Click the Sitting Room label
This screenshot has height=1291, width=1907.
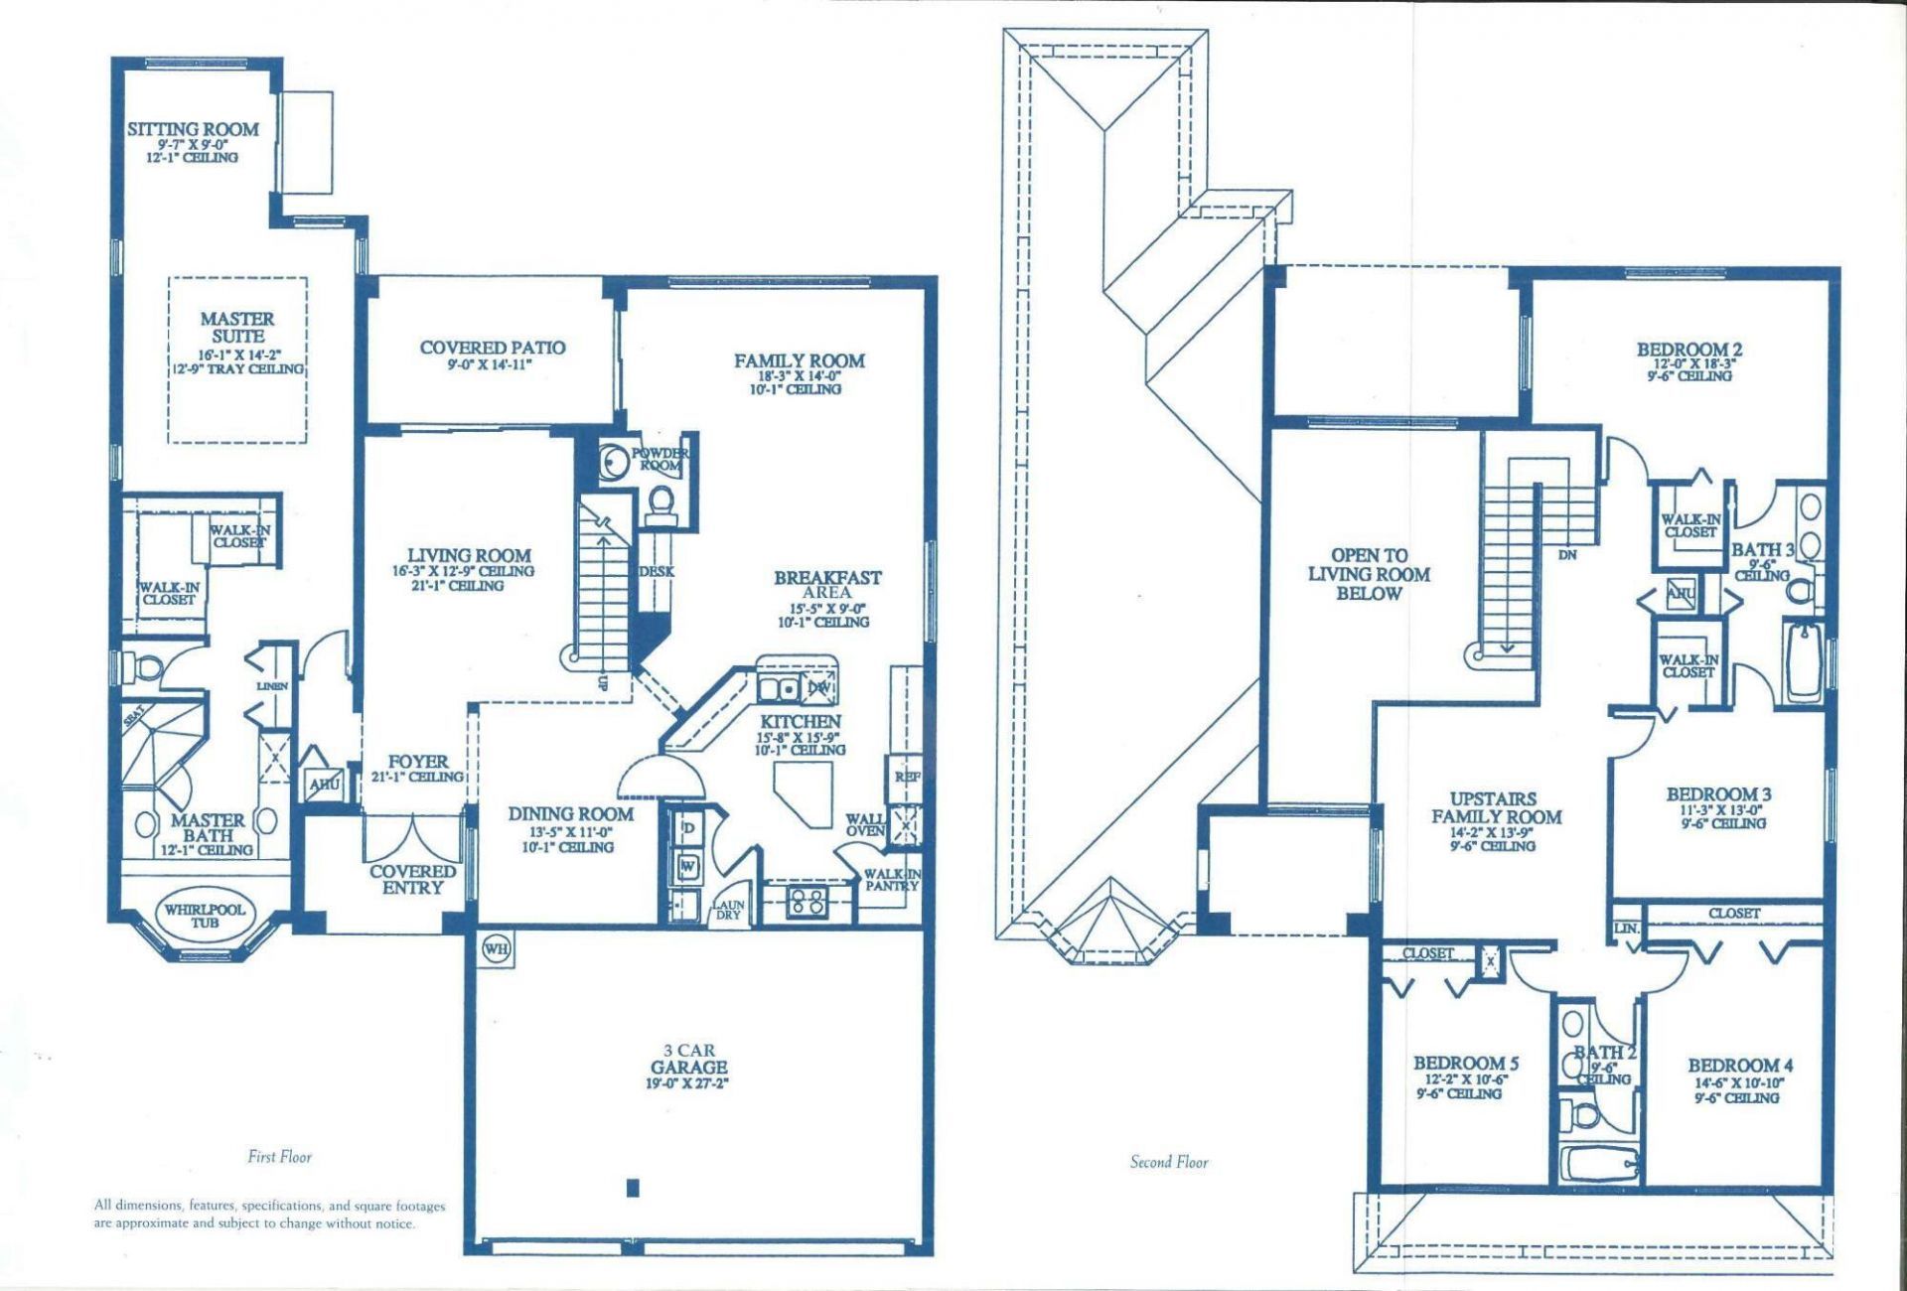click(193, 130)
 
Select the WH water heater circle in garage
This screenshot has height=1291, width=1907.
click(496, 948)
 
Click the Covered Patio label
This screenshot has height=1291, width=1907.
click(493, 348)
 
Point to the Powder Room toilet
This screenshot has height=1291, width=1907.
click(660, 503)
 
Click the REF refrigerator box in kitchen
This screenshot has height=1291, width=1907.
click(906, 777)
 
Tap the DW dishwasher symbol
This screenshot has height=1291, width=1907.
click(819, 687)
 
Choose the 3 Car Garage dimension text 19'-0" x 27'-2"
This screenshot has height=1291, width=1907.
click(688, 1083)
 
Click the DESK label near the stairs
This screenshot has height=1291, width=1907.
click(657, 572)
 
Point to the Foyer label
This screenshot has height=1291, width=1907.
click(417, 762)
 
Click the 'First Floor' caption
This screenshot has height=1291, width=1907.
click(280, 1157)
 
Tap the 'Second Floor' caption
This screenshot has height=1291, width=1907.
click(1169, 1162)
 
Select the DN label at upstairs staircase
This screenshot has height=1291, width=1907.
click(1567, 555)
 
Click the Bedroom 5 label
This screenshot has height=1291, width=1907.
click(1465, 1063)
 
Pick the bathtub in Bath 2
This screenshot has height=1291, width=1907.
click(1598, 1163)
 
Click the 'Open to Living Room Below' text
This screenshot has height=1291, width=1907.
click(1369, 574)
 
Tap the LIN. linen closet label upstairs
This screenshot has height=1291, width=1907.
click(1626, 929)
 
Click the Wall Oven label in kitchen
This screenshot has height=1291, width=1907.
click(865, 825)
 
